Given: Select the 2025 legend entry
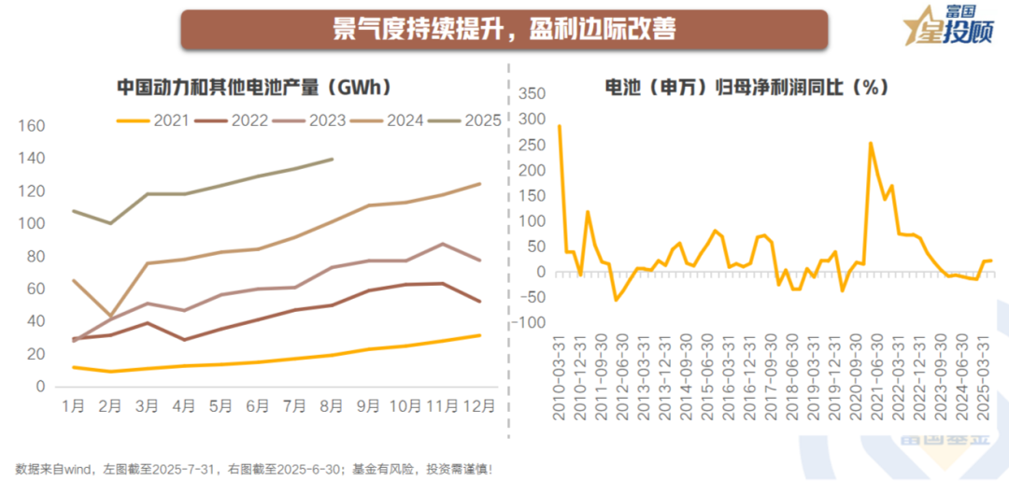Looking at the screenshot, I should [468, 120].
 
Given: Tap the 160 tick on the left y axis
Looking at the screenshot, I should [32, 126].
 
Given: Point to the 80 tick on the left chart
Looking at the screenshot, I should [36, 256].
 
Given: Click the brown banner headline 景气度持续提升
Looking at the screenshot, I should [504, 29].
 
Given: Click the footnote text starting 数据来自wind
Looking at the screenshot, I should [252, 468].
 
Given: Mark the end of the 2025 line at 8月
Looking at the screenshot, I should [333, 159].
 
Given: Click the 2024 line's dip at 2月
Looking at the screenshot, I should [110, 316].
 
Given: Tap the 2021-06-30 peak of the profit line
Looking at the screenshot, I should [871, 143].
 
